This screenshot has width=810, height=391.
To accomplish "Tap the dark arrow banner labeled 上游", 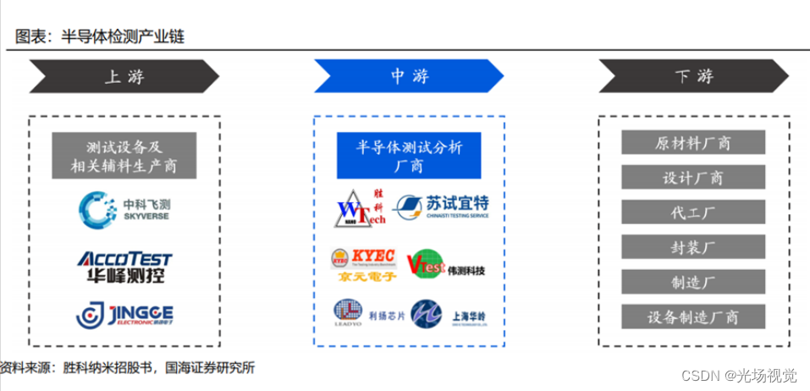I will pyautogui.click(x=124, y=77).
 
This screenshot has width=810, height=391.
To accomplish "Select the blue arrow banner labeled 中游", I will pyautogui.click(x=410, y=77).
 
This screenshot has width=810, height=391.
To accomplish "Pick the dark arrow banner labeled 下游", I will pyautogui.click(x=694, y=77).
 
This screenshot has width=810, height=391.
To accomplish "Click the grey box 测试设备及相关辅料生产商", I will pyautogui.click(x=124, y=156).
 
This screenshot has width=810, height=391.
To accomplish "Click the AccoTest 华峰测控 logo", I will pyautogui.click(x=124, y=266).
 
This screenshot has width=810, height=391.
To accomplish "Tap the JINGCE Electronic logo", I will pyautogui.click(x=124, y=314).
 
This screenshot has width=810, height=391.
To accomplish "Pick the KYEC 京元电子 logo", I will pyautogui.click(x=362, y=262).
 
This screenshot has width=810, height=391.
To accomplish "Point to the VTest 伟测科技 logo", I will pyautogui.click(x=446, y=265).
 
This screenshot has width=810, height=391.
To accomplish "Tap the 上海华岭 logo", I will pyautogui.click(x=449, y=314).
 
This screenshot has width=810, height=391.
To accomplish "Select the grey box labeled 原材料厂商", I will pyautogui.click(x=693, y=142).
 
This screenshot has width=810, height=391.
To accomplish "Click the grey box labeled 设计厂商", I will pyautogui.click(x=693, y=178).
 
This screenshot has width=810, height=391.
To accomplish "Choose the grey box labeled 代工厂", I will pyautogui.click(x=693, y=212).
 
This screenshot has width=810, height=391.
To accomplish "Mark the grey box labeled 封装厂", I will pyautogui.click(x=693, y=247).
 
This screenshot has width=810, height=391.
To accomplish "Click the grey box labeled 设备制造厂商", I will pyautogui.click(x=693, y=317).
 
